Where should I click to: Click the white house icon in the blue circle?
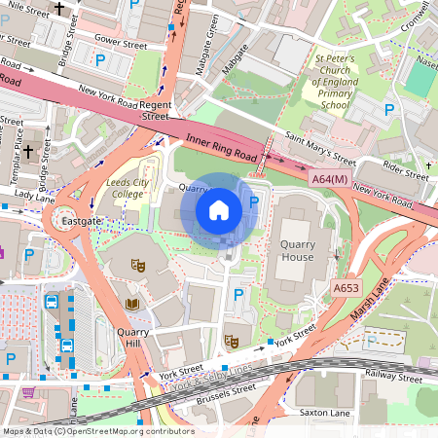point(219,209)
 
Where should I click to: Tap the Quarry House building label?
point(297,251)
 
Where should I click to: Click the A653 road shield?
point(346,288)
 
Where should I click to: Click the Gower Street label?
point(120,45)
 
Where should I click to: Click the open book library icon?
point(132,306)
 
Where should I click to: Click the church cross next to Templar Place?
point(28,152)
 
